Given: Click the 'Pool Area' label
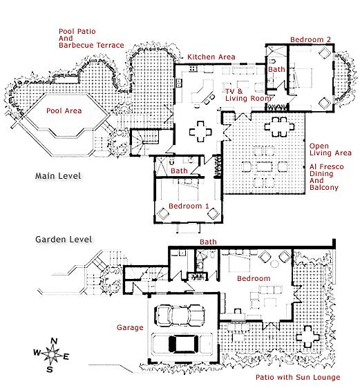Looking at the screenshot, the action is (64, 110).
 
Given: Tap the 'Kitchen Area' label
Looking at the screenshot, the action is (211, 57).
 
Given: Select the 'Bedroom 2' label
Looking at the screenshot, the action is (310, 39).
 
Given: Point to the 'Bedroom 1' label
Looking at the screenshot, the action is (189, 206).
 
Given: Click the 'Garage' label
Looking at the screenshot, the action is (130, 328).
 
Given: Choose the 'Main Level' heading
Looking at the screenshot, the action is (58, 176).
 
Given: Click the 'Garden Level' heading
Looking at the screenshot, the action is (64, 240).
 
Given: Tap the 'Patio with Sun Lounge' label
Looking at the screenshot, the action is (298, 377).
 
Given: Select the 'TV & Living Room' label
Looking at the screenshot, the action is (247, 95).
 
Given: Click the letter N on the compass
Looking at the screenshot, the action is (54, 341).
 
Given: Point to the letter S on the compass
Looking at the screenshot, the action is (50, 369).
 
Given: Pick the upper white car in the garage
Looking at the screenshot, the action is (180, 315).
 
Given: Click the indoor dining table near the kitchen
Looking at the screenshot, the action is (200, 131).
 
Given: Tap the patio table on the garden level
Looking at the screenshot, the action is (307, 337).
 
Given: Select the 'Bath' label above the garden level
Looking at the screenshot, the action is (208, 242).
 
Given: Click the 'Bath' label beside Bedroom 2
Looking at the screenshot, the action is (276, 69).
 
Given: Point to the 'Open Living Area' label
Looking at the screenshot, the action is (330, 149).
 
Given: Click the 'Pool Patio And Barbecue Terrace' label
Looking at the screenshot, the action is (91, 39).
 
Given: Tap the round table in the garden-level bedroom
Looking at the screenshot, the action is (274, 264).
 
